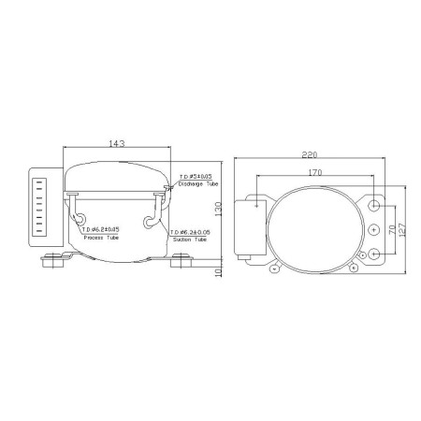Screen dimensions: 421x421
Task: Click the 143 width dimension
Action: pyautogui.click(x=117, y=144)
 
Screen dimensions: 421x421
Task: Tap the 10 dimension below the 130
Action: pyautogui.click(x=216, y=271)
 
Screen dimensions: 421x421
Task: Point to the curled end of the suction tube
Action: pyautogui.click(x=150, y=221)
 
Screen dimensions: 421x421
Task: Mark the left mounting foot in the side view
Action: pyautogui.click(x=55, y=261)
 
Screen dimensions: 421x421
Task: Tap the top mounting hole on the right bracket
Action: pyautogui.click(x=375, y=204)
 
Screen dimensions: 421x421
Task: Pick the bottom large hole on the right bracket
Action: pyautogui.click(x=375, y=253)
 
